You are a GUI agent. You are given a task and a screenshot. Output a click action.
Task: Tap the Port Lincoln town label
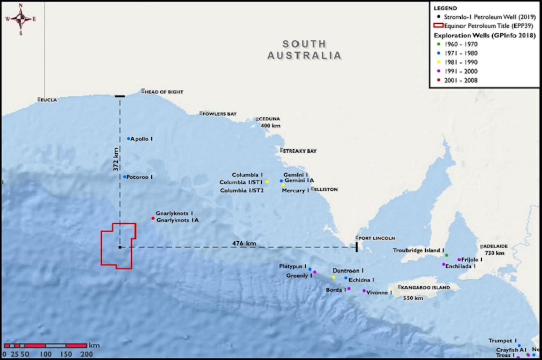(x=376, y=238)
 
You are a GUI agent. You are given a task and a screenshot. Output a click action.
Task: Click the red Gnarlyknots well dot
(x=153, y=218)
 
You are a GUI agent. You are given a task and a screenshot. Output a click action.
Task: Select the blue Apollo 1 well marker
(x=129, y=139)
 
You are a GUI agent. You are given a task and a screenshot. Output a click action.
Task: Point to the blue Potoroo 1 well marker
(x=125, y=177)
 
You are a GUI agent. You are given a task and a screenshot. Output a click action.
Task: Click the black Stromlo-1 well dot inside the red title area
(x=120, y=247)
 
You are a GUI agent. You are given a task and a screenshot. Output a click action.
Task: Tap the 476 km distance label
(x=244, y=243)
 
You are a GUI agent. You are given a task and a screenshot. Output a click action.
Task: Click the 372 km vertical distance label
(x=116, y=159)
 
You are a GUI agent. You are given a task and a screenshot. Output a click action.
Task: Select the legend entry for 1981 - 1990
(x=461, y=62)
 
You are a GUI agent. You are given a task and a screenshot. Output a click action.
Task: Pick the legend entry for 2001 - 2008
(x=461, y=80)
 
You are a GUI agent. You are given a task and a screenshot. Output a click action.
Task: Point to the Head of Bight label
(x=164, y=92)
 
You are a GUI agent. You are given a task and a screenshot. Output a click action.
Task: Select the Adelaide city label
(x=495, y=246)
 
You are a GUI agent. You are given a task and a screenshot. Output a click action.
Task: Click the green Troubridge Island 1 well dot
(x=446, y=255)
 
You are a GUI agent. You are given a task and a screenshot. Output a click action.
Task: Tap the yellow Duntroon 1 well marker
(x=333, y=277)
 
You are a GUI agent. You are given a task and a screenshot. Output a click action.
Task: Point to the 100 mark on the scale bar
(x=46, y=354)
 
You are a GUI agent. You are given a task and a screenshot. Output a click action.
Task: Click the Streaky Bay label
(x=300, y=151)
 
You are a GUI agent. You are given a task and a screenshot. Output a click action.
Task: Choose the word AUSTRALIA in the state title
(x=304, y=56)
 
